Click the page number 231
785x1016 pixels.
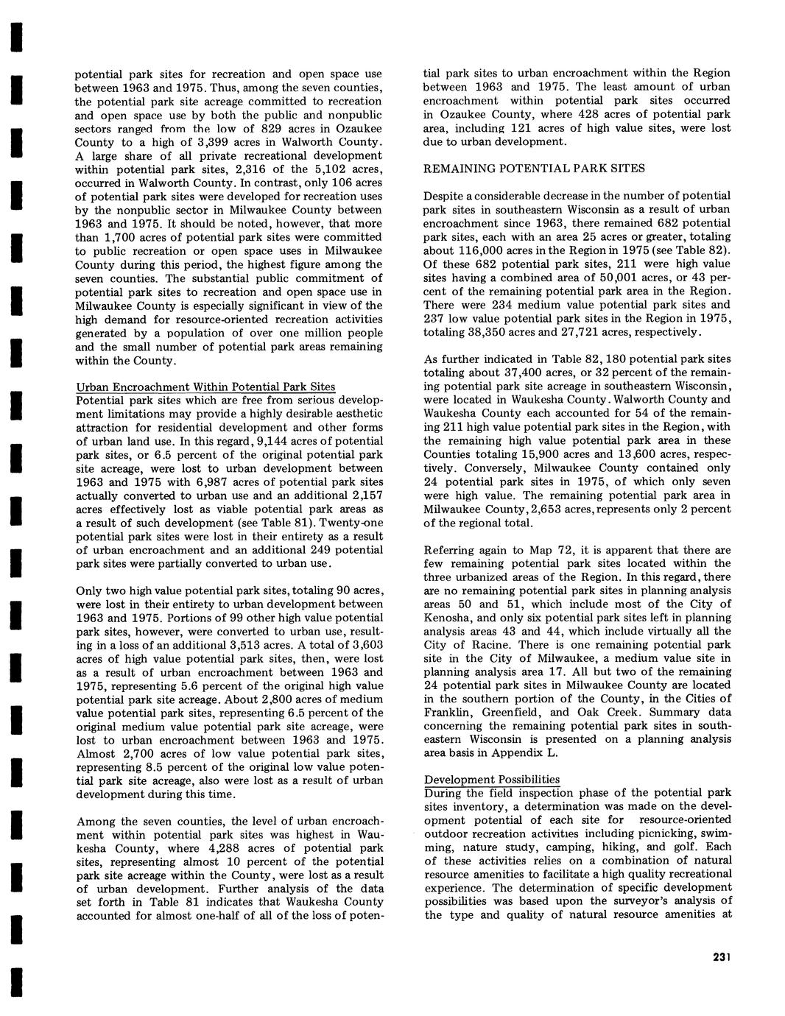(x=721, y=957)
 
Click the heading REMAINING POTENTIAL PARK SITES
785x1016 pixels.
(x=534, y=169)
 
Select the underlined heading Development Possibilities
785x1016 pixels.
(x=492, y=780)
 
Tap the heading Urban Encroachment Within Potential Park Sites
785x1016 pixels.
(x=205, y=387)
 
